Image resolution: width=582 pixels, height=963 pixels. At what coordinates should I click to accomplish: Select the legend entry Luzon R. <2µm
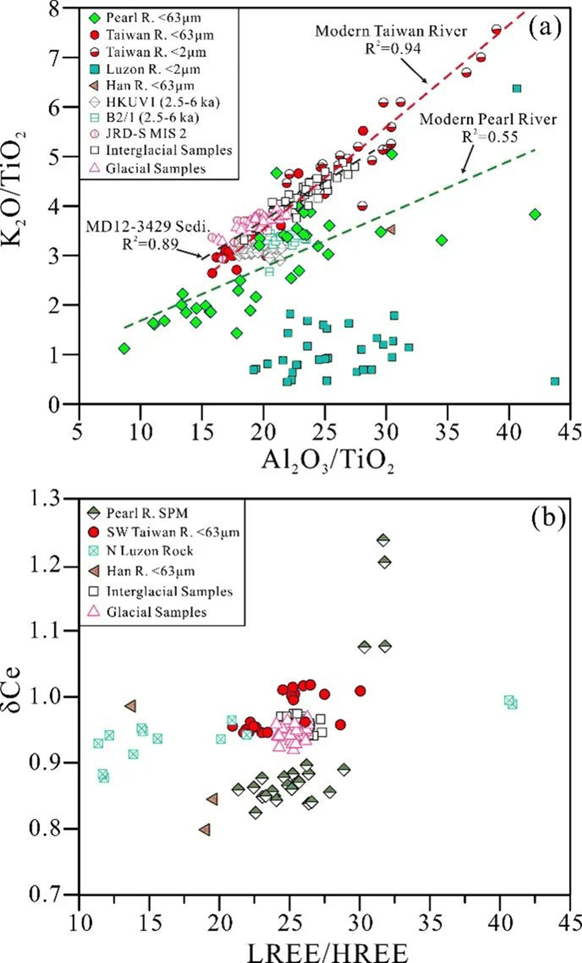[x=138, y=68]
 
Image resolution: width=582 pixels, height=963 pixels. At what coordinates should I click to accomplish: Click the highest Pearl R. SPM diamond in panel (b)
[x=384, y=539]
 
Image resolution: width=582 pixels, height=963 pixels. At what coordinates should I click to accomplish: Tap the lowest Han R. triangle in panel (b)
[x=205, y=829]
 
